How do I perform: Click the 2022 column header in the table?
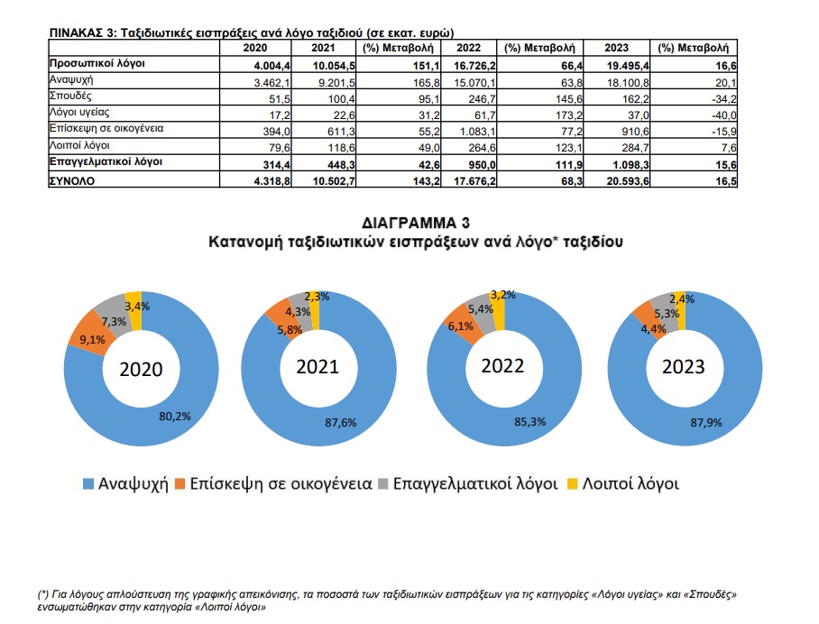469,49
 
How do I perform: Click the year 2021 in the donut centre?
318,367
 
